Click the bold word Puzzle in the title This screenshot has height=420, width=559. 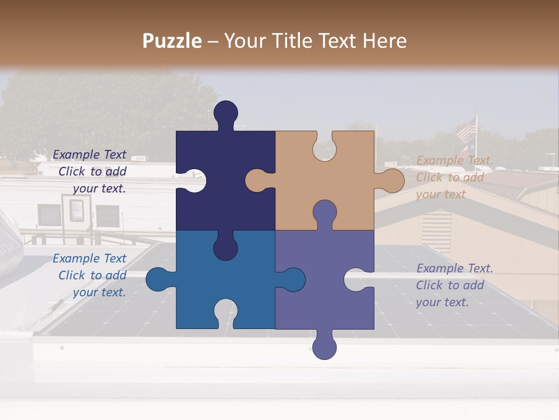point(172,41)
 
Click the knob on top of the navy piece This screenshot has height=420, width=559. point(226,113)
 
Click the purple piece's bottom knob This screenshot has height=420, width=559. point(324,346)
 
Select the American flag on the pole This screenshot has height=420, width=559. point(466,130)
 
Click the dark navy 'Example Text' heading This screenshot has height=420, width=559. point(89,155)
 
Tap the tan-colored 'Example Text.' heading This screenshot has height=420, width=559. point(454,160)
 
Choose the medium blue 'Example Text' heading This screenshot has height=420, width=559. point(89,258)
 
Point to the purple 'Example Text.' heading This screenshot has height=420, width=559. point(454,268)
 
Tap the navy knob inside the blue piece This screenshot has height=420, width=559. point(225,247)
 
